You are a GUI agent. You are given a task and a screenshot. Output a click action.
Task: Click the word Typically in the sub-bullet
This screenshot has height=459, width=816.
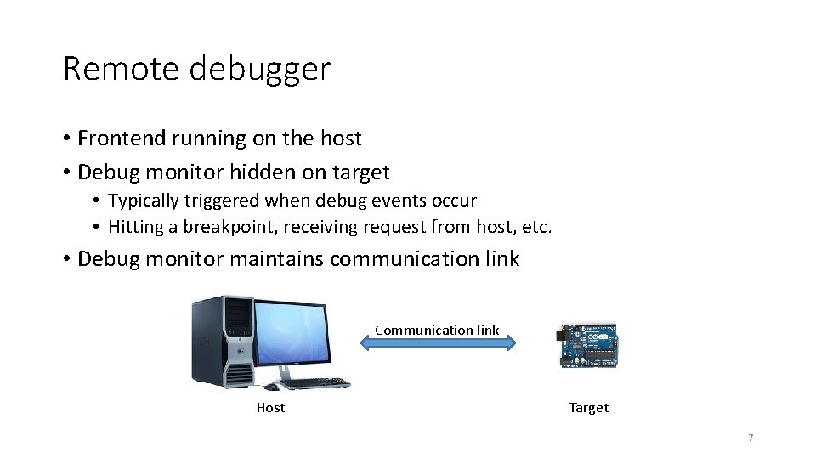pyautogui.click(x=143, y=201)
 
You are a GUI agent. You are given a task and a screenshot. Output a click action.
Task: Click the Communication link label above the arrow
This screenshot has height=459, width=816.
pyautogui.click(x=437, y=330)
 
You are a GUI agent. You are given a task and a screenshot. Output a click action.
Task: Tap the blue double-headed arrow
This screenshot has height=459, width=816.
pyautogui.click(x=437, y=343)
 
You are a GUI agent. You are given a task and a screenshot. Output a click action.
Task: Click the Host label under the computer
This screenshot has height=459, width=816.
pyautogui.click(x=270, y=408)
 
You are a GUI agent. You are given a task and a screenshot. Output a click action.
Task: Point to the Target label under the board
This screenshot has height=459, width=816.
pyautogui.click(x=588, y=408)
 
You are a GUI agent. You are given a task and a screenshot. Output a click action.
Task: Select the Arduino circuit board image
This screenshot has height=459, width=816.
pyautogui.click(x=588, y=345)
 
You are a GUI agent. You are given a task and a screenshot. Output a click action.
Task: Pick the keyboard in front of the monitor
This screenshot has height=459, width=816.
pyautogui.click(x=314, y=384)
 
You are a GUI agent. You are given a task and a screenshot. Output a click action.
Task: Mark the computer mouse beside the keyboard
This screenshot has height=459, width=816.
pyautogui.click(x=271, y=387)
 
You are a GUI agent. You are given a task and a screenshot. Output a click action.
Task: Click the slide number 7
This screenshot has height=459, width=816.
pyautogui.click(x=751, y=438)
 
